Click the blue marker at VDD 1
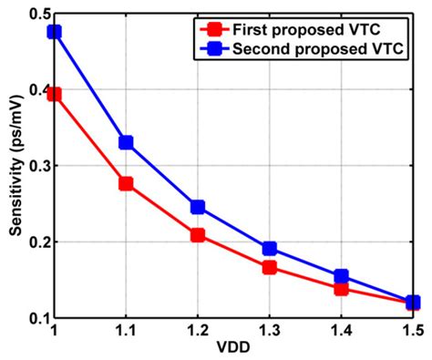pyautogui.click(x=54, y=32)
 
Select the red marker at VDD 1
pyautogui.click(x=54, y=94)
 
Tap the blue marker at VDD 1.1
pyautogui.click(x=126, y=142)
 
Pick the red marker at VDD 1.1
pyautogui.click(x=126, y=183)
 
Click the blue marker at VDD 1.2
pyautogui.click(x=197, y=207)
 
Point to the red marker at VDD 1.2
pyautogui.click(x=197, y=235)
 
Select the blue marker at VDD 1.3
pyautogui.click(x=269, y=249)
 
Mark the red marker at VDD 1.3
pyautogui.click(x=269, y=267)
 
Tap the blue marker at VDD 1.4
pyautogui.click(x=341, y=276)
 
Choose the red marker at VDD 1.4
pyautogui.click(x=341, y=288)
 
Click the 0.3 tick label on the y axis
pyautogui.click(x=36, y=166)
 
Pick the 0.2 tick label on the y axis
pyautogui.click(x=36, y=242)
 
